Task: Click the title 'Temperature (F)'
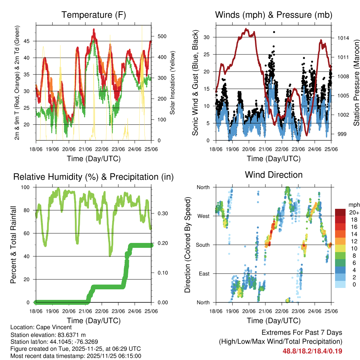point(94,15)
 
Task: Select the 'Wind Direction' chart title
point(274,174)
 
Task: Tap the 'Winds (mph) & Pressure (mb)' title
point(274,15)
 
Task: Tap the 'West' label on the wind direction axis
point(203,216)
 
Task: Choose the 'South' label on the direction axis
point(202,245)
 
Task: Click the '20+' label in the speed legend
point(353,212)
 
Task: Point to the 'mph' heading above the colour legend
point(353,205)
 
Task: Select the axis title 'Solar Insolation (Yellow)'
point(172,83)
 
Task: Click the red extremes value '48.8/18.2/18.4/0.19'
point(312,351)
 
